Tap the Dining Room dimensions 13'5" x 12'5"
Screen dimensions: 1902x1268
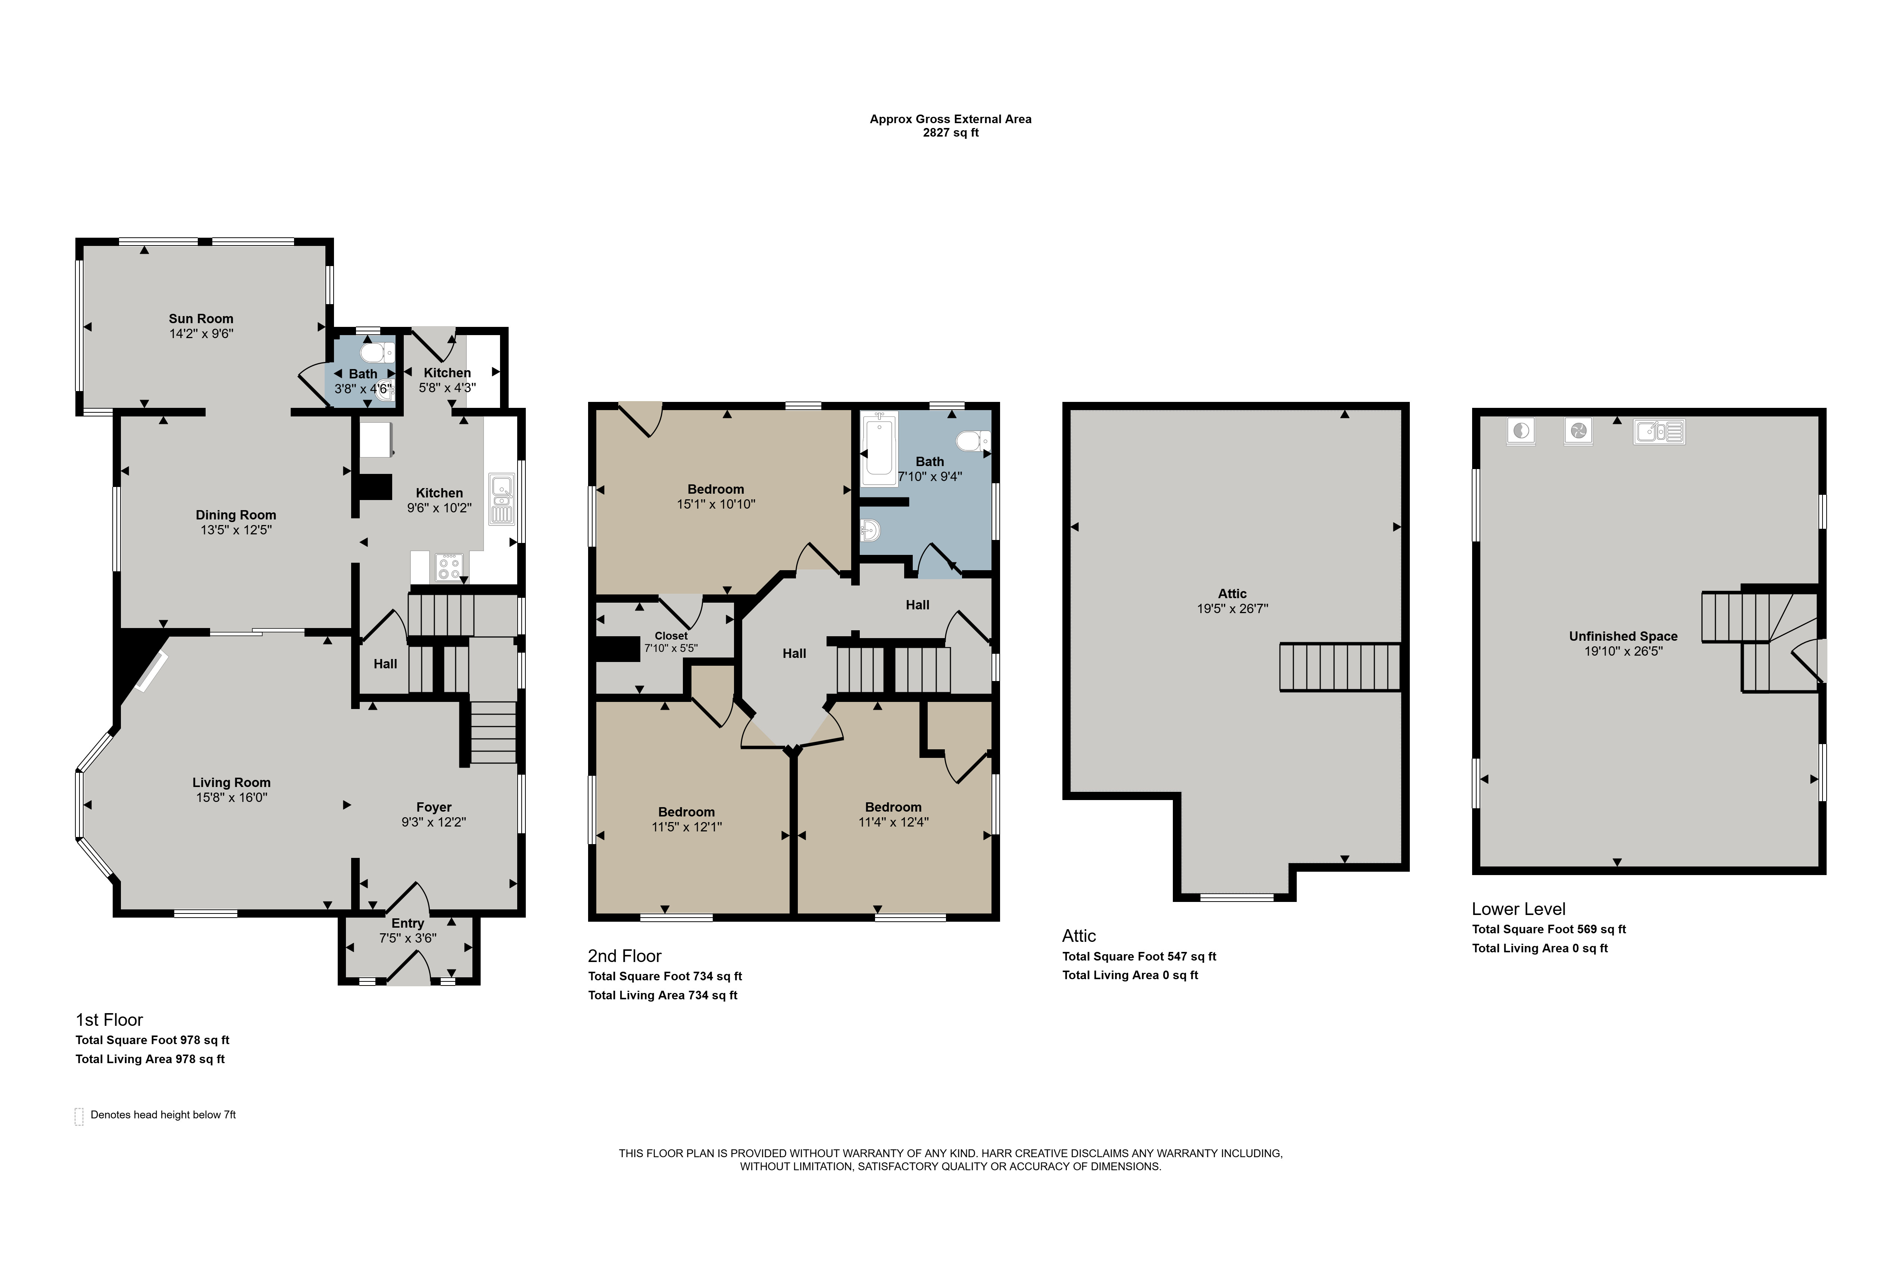(x=236, y=531)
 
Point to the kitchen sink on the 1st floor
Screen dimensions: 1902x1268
(x=502, y=500)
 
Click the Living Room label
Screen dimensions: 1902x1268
(x=231, y=783)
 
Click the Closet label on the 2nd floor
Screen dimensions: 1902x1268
(x=671, y=635)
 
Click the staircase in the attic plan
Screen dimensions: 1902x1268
(x=1339, y=667)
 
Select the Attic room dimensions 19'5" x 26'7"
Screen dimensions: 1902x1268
(x=1233, y=609)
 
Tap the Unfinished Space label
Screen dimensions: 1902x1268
(x=1623, y=637)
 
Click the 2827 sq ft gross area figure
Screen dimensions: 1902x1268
(x=951, y=132)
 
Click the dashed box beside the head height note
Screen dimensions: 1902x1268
(x=79, y=1116)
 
